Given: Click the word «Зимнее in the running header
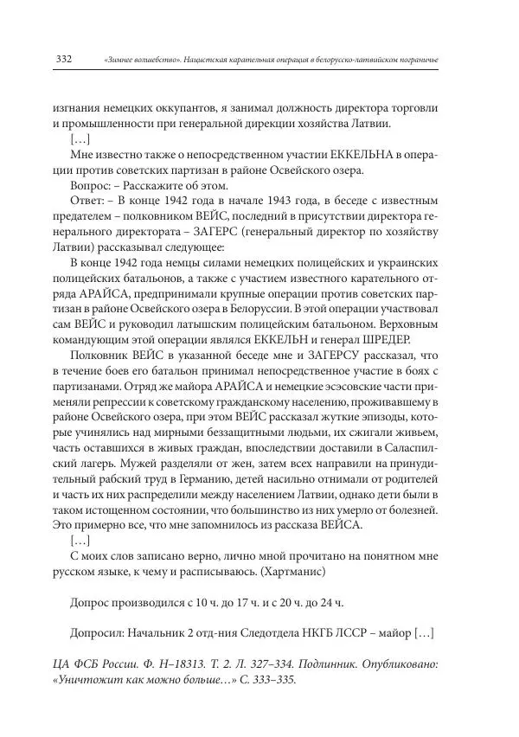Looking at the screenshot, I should pos(122,60).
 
